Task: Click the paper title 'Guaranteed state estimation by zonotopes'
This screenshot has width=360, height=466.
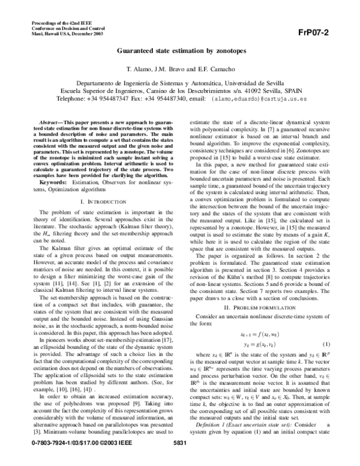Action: pos(179,52)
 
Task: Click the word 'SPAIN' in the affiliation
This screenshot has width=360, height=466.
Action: pos(304,89)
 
